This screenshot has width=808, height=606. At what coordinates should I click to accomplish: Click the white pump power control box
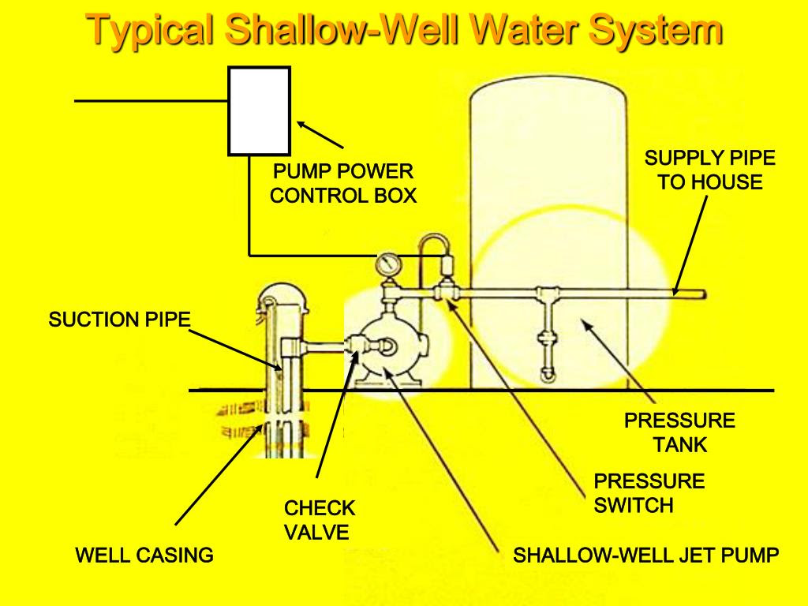(x=259, y=110)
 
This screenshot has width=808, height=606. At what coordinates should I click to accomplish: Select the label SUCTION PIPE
(x=120, y=320)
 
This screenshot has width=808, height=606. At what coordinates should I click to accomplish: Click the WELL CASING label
(x=144, y=555)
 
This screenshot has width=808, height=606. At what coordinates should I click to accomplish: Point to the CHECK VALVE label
(x=319, y=520)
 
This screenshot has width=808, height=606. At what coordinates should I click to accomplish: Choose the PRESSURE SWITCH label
(x=649, y=493)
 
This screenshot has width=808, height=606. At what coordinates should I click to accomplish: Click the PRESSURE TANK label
(x=679, y=432)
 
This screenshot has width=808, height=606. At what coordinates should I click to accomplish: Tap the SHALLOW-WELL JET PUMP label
(x=645, y=555)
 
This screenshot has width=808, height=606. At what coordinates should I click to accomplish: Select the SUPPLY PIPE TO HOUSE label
(x=709, y=170)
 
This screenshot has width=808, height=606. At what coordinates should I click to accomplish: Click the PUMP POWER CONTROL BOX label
(x=342, y=183)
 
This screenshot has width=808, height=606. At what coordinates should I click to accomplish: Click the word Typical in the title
(x=151, y=30)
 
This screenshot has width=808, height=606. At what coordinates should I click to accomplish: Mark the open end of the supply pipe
(x=703, y=294)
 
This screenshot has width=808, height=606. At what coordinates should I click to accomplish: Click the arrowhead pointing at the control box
(x=302, y=125)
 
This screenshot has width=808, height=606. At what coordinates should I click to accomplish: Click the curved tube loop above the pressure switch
(x=434, y=246)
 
